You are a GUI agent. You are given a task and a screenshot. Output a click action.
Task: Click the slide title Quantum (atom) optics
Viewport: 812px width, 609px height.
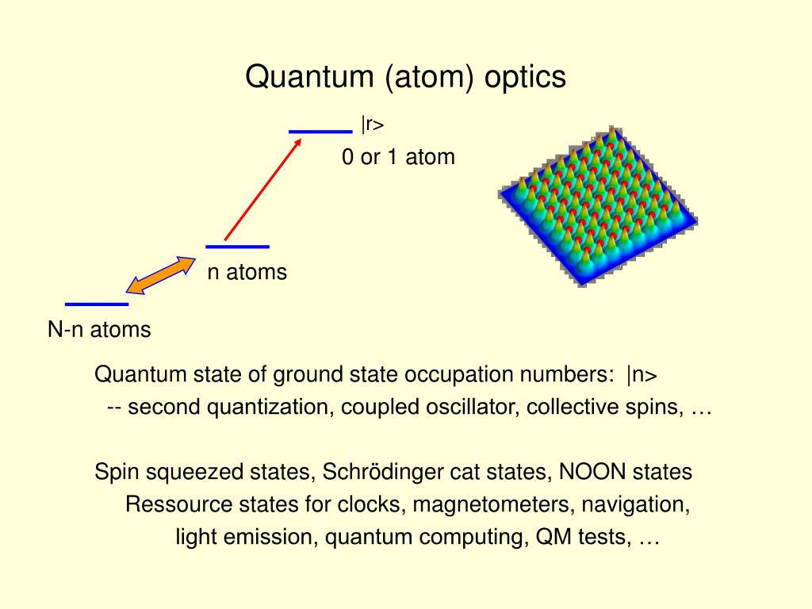point(405,77)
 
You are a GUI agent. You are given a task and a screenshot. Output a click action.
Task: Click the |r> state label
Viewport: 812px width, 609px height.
point(373,124)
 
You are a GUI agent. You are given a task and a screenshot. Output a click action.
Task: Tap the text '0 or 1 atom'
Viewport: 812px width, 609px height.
point(398,157)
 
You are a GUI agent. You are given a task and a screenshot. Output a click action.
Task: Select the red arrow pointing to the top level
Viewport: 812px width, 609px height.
point(262,189)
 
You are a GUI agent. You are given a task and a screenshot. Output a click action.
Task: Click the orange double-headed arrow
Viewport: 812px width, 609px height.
point(163,275)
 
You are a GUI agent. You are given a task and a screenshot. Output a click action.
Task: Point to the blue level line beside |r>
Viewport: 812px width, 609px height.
point(320,132)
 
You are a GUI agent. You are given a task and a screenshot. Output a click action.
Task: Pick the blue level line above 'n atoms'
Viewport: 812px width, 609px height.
point(237,246)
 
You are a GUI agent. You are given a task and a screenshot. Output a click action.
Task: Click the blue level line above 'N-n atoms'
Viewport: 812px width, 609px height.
point(96,304)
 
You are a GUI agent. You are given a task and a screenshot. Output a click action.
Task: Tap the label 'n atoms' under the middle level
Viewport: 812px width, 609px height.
point(247,273)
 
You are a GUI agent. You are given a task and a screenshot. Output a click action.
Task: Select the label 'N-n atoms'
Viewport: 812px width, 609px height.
point(99,330)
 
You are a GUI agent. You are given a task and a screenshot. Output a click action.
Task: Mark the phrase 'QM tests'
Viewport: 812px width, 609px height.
point(583,537)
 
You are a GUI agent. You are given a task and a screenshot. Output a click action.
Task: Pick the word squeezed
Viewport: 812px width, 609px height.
point(197,473)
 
